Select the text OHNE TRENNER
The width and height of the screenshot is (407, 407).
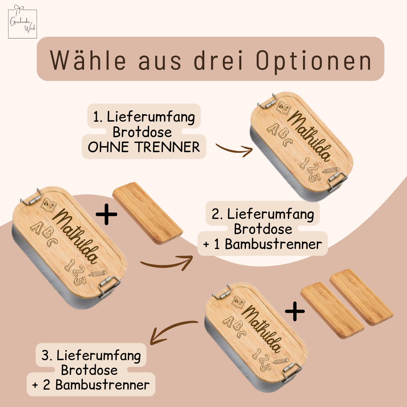click(x=144, y=147)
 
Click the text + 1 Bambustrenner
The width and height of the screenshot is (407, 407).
click(x=262, y=244)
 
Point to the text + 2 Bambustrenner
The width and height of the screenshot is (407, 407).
click(x=91, y=385)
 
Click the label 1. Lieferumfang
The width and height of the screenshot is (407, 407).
click(x=144, y=117)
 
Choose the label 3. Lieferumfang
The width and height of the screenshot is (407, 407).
click(x=91, y=356)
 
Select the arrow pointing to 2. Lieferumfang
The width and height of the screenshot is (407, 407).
click(x=166, y=264)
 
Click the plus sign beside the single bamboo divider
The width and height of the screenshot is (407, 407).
click(x=106, y=214)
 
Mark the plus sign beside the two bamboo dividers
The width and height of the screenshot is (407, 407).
click(x=295, y=311)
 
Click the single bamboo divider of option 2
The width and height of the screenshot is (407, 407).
click(x=148, y=213)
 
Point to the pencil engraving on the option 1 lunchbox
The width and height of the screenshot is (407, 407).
click(x=331, y=170)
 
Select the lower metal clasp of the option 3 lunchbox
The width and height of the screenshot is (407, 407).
click(x=292, y=372)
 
